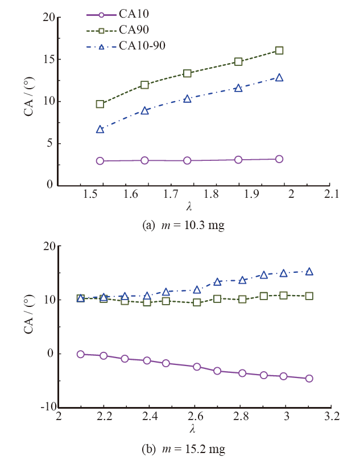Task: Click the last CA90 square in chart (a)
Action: pyautogui.click(x=279, y=51)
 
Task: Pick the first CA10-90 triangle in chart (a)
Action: pyautogui.click(x=100, y=130)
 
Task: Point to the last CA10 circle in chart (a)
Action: pyautogui.click(x=279, y=159)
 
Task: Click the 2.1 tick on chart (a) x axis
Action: pyautogui.click(x=332, y=194)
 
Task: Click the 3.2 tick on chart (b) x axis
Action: pyautogui.click(x=332, y=417)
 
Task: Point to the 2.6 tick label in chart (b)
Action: pyautogui.click(x=195, y=417)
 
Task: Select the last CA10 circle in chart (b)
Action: pyautogui.click(x=309, y=379)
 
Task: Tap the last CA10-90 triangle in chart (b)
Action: pyautogui.click(x=309, y=272)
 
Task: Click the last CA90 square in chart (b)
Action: pyautogui.click(x=309, y=296)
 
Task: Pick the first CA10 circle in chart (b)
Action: pyautogui.click(x=81, y=354)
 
